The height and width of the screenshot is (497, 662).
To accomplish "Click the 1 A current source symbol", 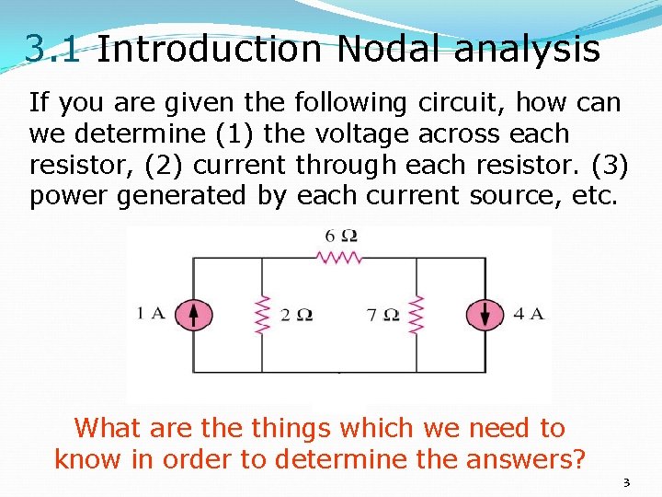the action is pos(193,315).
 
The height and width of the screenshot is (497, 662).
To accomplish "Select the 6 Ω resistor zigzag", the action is pos(339,259).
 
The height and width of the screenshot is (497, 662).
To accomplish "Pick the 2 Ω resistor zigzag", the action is pos(262,315).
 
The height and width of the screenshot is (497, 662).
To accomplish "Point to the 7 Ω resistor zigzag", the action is pos(417,315).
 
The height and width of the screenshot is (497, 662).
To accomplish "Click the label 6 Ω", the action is pos(340,236).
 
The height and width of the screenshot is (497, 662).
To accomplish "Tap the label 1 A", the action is pos(151,313).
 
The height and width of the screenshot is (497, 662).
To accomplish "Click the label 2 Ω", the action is pos(296,315).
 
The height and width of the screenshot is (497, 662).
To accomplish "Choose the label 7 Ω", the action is pos(382,315).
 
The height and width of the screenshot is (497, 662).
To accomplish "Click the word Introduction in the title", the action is pos(209,49).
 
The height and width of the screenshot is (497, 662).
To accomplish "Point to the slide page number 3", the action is pos(626,482).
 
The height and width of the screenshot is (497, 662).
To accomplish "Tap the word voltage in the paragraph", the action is pos(363,133).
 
